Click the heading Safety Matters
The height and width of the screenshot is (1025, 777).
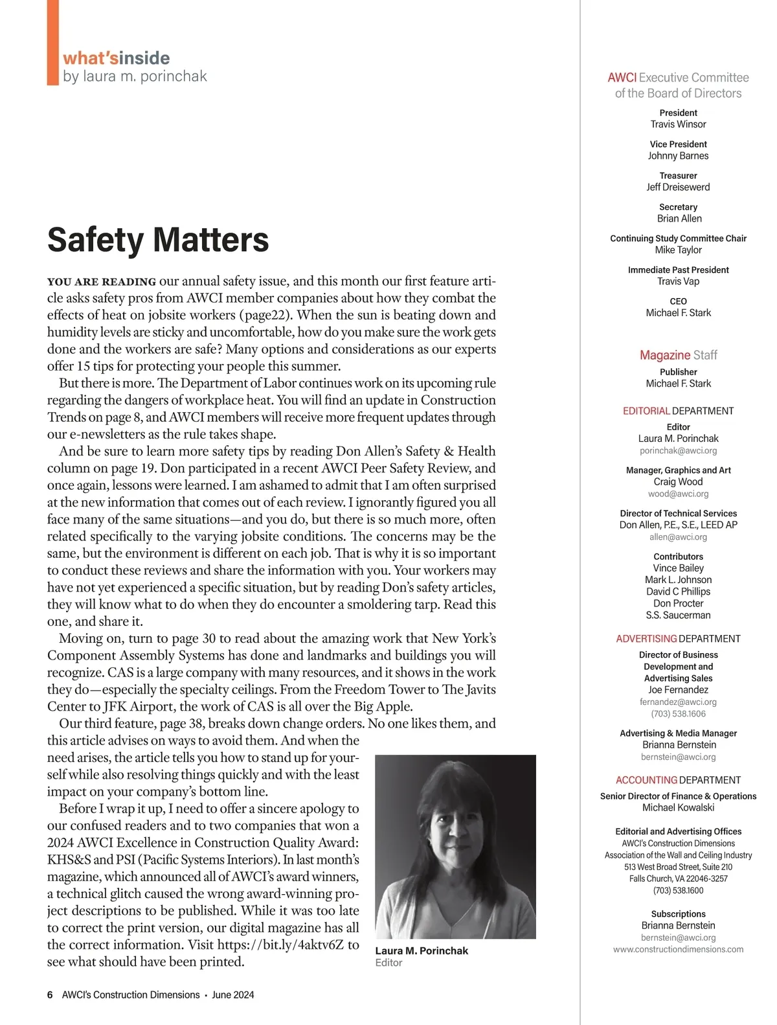[158, 240]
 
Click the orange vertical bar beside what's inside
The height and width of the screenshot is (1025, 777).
[52, 42]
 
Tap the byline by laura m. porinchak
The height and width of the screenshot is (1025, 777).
[135, 76]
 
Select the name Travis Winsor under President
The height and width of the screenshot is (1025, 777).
[678, 124]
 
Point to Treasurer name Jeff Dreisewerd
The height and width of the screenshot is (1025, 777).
[678, 187]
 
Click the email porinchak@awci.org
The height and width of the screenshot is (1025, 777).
[678, 450]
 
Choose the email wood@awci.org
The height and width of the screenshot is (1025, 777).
[678, 494]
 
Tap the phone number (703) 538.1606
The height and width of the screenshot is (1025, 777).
[678, 714]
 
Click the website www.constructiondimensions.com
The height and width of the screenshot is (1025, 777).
[678, 949]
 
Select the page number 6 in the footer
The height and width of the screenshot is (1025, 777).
[50, 995]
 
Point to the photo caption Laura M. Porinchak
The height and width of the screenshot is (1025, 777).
[422, 950]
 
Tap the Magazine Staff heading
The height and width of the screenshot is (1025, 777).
[678, 355]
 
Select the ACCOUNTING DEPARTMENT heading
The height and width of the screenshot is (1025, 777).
[678, 780]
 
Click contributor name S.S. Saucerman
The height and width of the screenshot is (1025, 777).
[678, 615]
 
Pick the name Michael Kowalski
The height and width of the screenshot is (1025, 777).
[678, 807]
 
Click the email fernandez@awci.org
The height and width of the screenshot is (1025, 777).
[678, 702]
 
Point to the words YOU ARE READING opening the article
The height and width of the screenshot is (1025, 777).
[102, 282]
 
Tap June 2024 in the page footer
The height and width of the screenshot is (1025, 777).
[233, 995]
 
